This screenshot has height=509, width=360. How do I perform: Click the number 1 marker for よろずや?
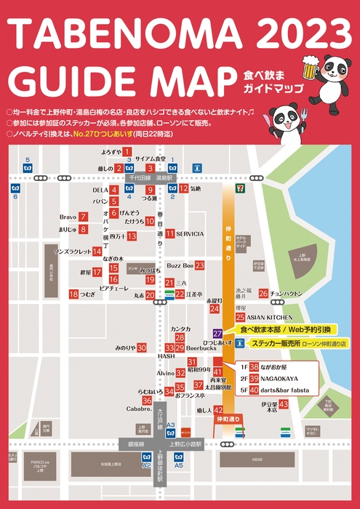click(x=127, y=152)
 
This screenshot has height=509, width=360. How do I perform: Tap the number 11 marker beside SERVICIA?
click(x=169, y=234)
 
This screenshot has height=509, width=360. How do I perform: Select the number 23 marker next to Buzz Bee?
click(x=199, y=266)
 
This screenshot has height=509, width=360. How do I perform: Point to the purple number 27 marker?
click(x=217, y=332)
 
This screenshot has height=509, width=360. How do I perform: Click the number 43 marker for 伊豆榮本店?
click(x=284, y=404)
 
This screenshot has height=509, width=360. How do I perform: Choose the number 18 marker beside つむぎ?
click(x=73, y=294)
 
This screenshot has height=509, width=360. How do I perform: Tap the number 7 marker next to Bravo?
click(x=84, y=217)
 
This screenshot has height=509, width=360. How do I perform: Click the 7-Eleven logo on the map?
click(x=229, y=187)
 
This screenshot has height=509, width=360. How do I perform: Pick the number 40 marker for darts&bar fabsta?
click(x=254, y=389)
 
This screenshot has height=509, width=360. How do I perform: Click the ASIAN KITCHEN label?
click(x=269, y=317)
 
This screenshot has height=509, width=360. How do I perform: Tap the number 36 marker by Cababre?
click(x=147, y=401)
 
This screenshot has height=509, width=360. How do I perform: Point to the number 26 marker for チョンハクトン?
click(x=263, y=294)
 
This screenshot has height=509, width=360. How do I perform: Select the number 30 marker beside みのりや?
click(x=142, y=348)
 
